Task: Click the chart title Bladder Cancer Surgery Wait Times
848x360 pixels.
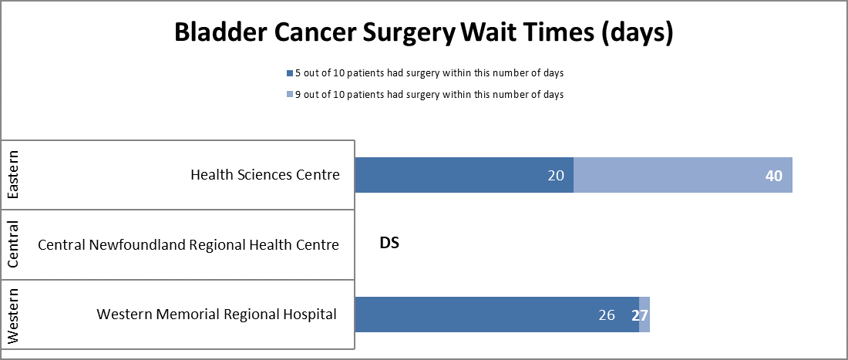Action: pyautogui.click(x=423, y=33)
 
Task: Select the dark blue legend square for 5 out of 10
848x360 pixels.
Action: pyautogui.click(x=289, y=73)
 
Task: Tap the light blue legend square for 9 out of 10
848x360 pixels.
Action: pyautogui.click(x=289, y=95)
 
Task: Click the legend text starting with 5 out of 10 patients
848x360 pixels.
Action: pyautogui.click(x=429, y=73)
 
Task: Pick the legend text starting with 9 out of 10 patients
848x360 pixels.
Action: pyautogui.click(x=429, y=95)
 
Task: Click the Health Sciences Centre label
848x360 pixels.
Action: pyautogui.click(x=265, y=175)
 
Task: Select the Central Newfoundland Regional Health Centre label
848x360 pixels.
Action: pyautogui.click(x=188, y=245)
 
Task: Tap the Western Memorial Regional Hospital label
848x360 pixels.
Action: pyautogui.click(x=217, y=315)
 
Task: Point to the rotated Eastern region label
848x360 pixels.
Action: pyautogui.click(x=13, y=175)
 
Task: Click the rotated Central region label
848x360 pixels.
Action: pyautogui.click(x=13, y=244)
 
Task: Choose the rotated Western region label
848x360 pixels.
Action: pyautogui.click(x=13, y=315)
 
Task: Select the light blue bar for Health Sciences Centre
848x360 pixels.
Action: pyautogui.click(x=671, y=175)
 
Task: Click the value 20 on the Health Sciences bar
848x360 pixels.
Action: pyautogui.click(x=557, y=176)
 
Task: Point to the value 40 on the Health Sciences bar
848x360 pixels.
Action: pyautogui.click(x=773, y=176)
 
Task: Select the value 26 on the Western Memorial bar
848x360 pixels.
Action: pyautogui.click(x=606, y=315)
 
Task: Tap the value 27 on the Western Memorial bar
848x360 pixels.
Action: pyautogui.click(x=639, y=315)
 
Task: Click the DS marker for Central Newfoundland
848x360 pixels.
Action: pyautogui.click(x=389, y=244)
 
